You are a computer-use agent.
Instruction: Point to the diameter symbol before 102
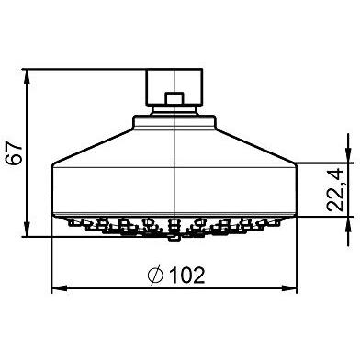[x=155, y=275]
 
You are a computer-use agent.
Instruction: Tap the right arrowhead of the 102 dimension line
[x=293, y=289]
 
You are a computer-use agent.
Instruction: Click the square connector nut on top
[x=174, y=82]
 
